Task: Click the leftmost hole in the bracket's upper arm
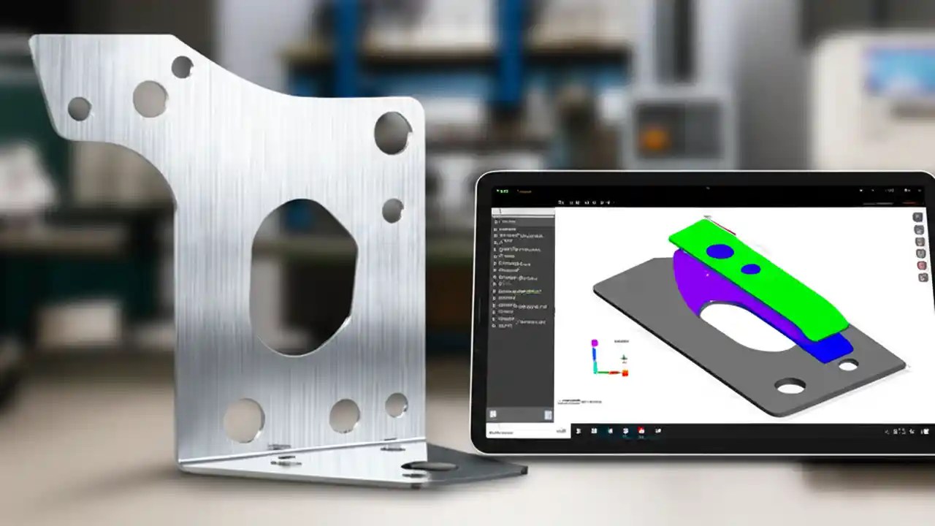pyautogui.click(x=79, y=109)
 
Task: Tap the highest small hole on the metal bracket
pyautogui.click(x=181, y=67)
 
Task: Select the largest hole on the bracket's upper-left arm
pyautogui.click(x=150, y=99)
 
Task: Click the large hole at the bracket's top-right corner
pyautogui.click(x=392, y=132)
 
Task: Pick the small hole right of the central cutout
pyautogui.click(x=392, y=210)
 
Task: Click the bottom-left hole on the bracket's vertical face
pyautogui.click(x=243, y=420)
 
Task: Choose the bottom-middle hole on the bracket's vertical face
pyautogui.click(x=344, y=415)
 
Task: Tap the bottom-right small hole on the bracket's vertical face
pyautogui.click(x=396, y=405)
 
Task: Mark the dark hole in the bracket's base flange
pyautogui.click(x=430, y=466)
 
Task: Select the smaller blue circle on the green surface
pyautogui.click(x=750, y=269)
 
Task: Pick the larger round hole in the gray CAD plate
pyautogui.click(x=790, y=385)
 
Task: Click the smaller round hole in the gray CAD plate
pyautogui.click(x=848, y=364)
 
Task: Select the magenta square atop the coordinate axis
pyautogui.click(x=595, y=342)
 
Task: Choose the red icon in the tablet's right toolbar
pyautogui.click(x=922, y=265)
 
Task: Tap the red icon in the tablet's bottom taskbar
pyautogui.click(x=641, y=431)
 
